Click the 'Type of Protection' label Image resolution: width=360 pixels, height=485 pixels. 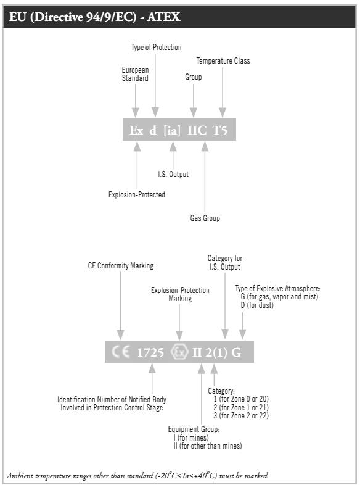(157, 48)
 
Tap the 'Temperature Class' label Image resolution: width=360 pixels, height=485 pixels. (223, 61)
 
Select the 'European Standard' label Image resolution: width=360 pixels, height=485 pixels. (135, 74)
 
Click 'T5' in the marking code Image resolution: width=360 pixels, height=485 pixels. (220, 130)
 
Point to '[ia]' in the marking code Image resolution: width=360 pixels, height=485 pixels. (172, 130)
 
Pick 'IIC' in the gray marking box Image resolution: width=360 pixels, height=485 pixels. (197, 130)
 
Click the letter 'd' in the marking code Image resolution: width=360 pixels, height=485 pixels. (153, 130)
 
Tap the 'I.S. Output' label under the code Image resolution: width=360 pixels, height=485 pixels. (173, 174)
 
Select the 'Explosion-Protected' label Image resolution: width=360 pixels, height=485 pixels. (137, 194)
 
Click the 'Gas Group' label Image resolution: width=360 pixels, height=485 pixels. (205, 218)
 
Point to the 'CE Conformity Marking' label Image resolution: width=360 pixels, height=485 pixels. (121, 266)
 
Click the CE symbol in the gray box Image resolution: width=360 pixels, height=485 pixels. (121, 352)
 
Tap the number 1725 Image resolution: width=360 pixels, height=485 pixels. (150, 352)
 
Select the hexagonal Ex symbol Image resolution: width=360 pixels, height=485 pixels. (179, 352)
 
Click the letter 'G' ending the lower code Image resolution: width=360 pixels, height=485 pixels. (235, 352)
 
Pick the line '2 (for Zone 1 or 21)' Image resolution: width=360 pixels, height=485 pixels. (241, 407)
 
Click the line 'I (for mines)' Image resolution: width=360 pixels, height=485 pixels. (191, 437)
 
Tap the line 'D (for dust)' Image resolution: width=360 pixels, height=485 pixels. (257, 305)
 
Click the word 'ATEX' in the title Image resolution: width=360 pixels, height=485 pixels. (164, 17)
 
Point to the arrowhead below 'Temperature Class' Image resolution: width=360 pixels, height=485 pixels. (223, 112)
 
